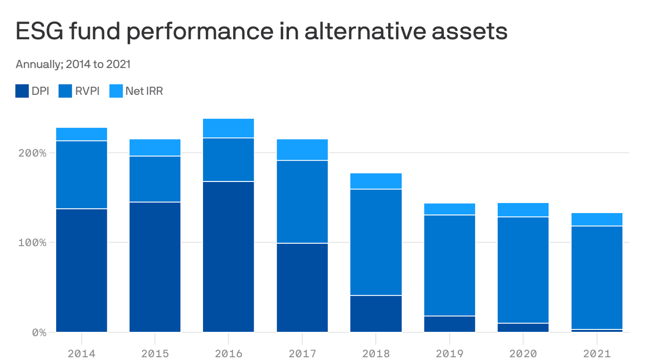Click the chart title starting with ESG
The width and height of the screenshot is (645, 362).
click(261, 32)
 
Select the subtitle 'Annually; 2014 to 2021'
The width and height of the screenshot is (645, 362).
click(73, 64)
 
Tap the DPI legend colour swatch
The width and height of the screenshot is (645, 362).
click(22, 91)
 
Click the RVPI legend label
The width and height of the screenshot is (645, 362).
click(87, 91)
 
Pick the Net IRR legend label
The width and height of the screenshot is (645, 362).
click(144, 91)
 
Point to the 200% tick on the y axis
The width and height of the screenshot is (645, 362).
click(33, 153)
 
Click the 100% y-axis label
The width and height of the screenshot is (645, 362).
click(33, 243)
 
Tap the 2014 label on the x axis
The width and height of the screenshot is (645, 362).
click(82, 353)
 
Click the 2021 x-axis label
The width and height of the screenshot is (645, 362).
click(597, 353)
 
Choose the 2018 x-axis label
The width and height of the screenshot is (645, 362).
click(376, 353)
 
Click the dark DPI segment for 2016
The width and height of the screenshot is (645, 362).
click(229, 257)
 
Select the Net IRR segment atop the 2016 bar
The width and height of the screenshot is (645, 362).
click(229, 128)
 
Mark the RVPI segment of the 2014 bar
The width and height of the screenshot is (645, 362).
click(82, 175)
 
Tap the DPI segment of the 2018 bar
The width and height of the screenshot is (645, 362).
click(376, 314)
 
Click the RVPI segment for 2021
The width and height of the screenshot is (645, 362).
click(597, 278)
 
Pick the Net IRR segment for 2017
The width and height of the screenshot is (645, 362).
click(302, 150)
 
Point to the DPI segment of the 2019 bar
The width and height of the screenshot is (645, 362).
click(450, 324)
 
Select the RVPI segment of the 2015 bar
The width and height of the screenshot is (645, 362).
click(155, 179)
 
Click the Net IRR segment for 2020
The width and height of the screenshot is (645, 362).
click(523, 210)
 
